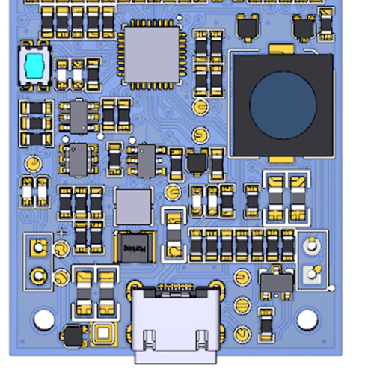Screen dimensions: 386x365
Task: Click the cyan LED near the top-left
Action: tap(34, 66)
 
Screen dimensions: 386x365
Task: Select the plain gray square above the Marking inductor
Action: tap(134, 206)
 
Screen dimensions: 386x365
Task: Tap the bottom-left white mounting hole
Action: tap(44, 320)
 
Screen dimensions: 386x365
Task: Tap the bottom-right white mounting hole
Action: tap(307, 320)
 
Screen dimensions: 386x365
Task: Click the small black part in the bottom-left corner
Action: tap(73, 336)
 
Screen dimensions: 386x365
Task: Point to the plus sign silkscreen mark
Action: tap(61, 233)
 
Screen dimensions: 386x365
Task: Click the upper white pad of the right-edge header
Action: tap(312, 245)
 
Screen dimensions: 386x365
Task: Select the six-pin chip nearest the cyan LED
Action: tap(79, 116)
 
